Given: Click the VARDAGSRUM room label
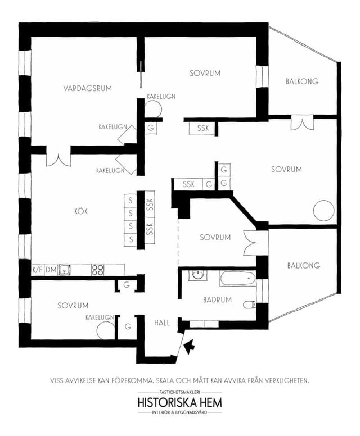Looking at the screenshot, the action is (x=87, y=88).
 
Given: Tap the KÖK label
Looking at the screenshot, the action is (x=81, y=211).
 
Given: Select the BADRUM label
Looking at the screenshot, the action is (x=218, y=300).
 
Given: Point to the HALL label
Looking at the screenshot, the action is (x=162, y=323).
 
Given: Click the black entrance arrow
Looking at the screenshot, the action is (x=190, y=347).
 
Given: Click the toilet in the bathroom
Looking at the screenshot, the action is (x=249, y=305).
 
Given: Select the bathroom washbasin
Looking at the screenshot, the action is (x=198, y=275).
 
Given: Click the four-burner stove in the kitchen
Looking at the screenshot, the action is (x=98, y=270).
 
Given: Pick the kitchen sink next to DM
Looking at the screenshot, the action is (x=64, y=270).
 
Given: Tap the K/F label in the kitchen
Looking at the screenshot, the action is (x=38, y=270).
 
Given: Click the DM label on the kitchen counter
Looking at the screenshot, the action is (x=51, y=270).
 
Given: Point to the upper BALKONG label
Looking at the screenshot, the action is (x=302, y=81).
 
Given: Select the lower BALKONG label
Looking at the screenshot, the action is (x=304, y=266).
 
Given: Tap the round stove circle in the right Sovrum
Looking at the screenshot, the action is (x=323, y=211).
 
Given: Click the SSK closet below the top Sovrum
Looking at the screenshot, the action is (x=202, y=128).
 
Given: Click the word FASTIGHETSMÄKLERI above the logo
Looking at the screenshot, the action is (x=180, y=393).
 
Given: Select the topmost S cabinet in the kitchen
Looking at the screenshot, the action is (x=130, y=200).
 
